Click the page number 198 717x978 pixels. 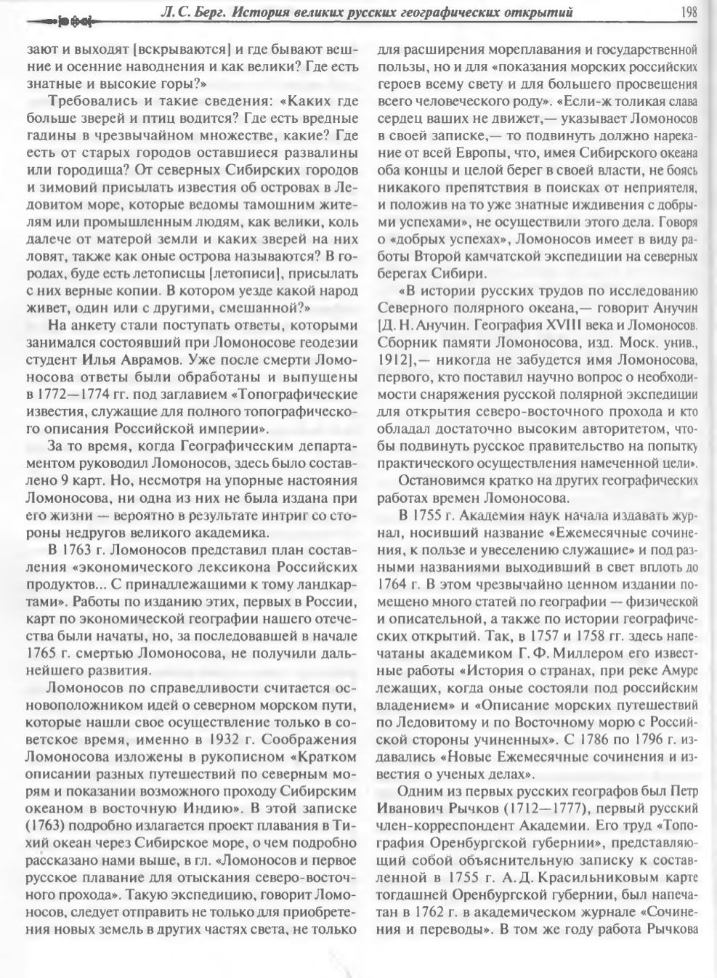689,11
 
